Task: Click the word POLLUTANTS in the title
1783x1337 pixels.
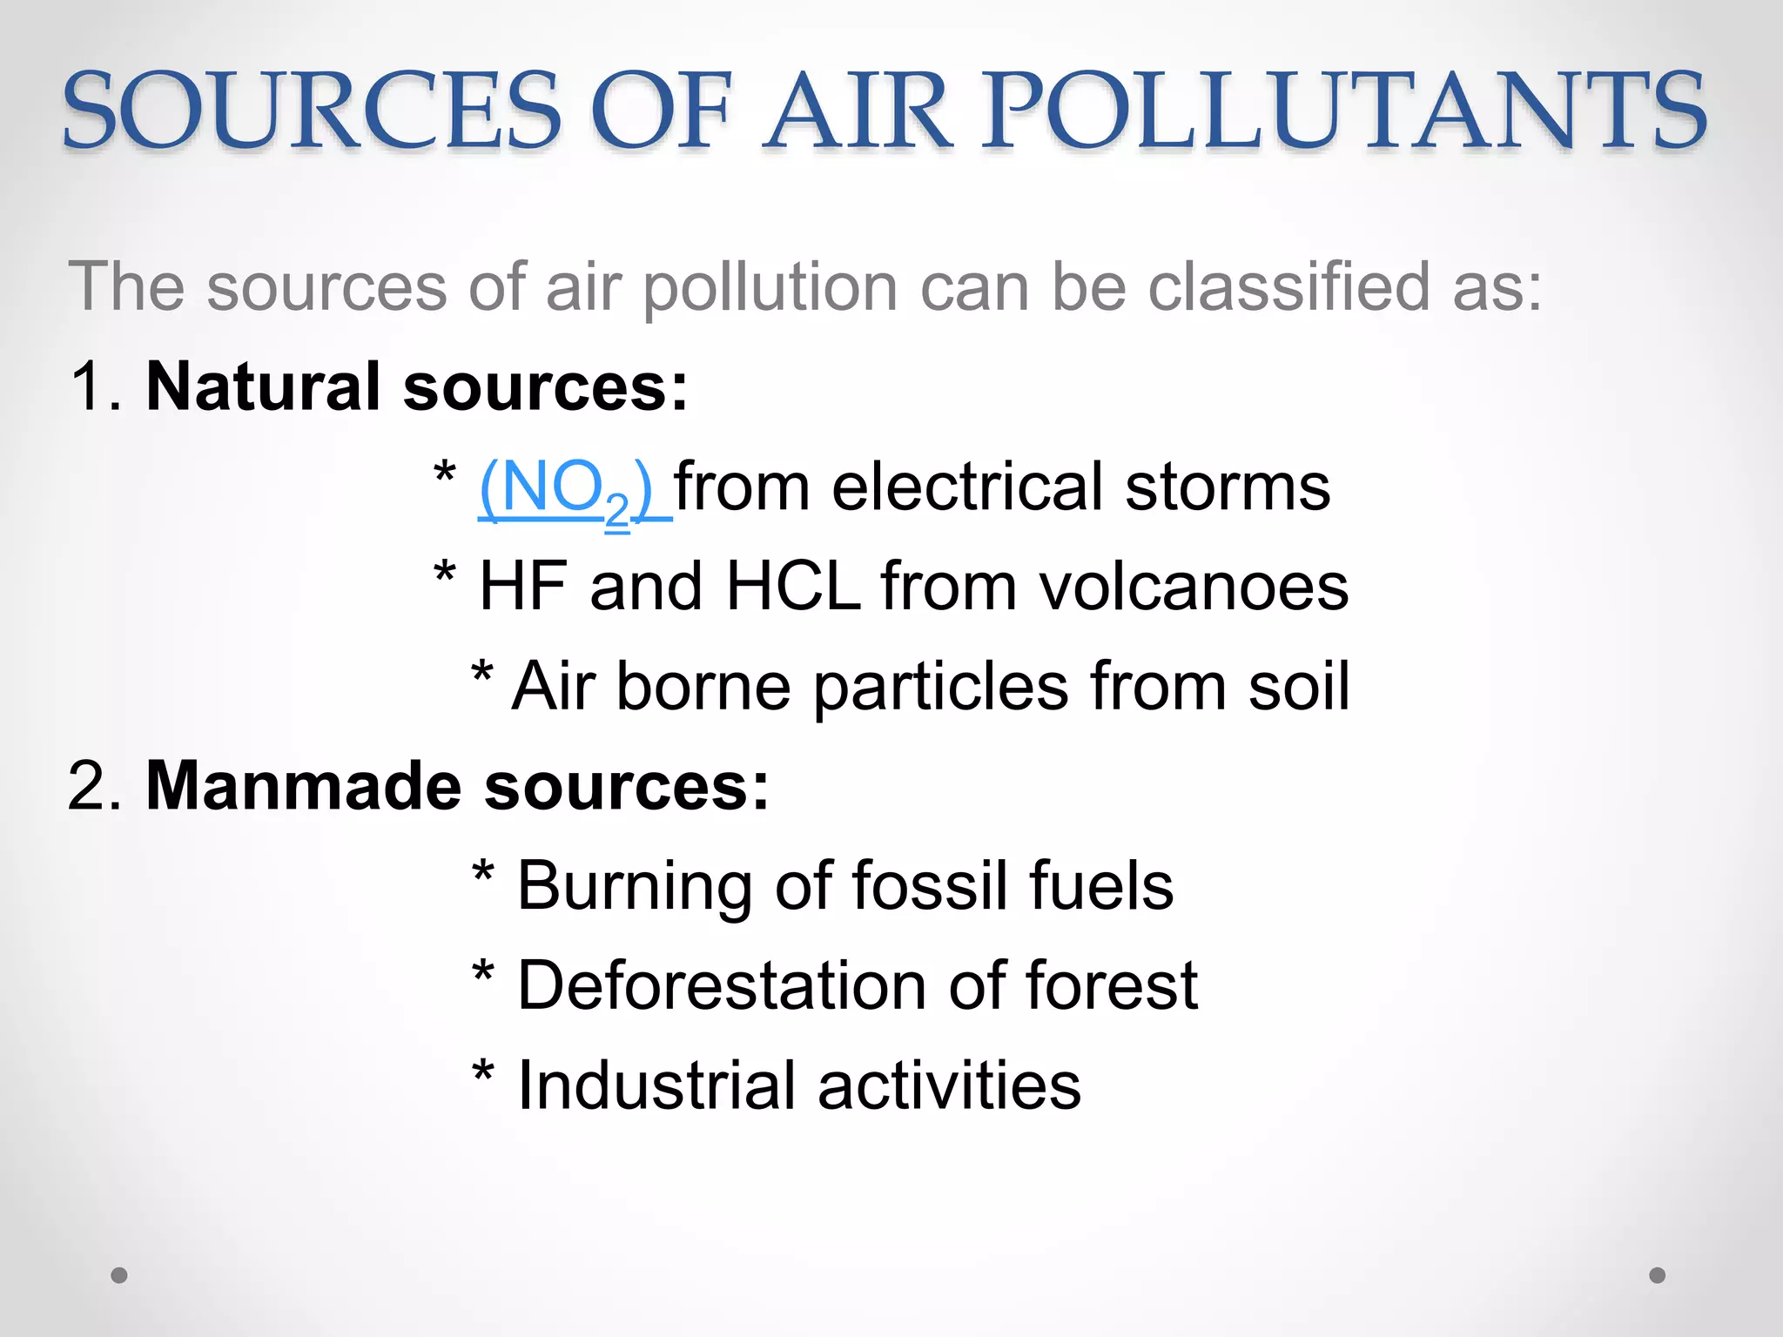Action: [1344, 111]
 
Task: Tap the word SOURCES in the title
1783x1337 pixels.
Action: [312, 111]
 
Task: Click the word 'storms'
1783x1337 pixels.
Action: [1228, 487]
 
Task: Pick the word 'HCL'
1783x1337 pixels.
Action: [793, 587]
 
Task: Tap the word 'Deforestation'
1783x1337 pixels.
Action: [723, 986]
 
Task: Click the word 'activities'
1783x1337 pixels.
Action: [949, 1085]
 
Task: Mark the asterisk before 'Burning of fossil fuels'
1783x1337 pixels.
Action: [483, 873]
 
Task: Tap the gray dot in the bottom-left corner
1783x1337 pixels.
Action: [119, 1275]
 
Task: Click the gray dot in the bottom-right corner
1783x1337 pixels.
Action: [1658, 1275]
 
